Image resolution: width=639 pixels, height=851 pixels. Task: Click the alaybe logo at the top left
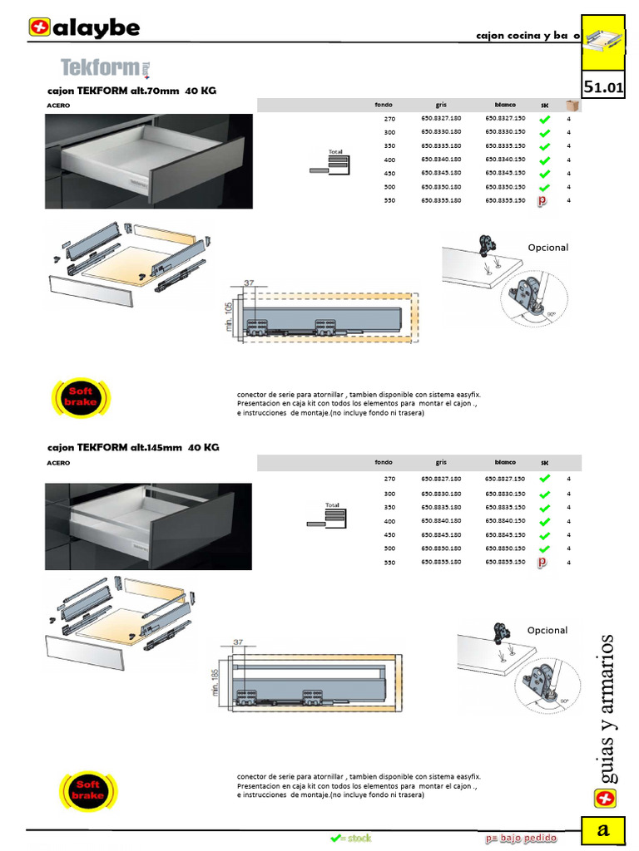84,28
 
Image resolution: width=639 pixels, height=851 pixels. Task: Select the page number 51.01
604,87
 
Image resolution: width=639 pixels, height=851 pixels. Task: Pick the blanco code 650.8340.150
505,160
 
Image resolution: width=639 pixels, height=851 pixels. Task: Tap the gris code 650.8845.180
441,534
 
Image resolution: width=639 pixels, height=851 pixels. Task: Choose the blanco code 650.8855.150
505,562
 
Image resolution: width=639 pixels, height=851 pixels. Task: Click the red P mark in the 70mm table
542,200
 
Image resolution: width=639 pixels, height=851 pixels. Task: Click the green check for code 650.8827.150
544,480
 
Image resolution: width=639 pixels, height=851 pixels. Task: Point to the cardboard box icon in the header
572,106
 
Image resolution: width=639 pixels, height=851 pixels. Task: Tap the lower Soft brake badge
88,790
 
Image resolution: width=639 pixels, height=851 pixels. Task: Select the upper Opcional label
547,248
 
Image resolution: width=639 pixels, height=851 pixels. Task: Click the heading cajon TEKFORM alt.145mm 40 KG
132,447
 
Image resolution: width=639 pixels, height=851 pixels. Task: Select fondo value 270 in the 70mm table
390,119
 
